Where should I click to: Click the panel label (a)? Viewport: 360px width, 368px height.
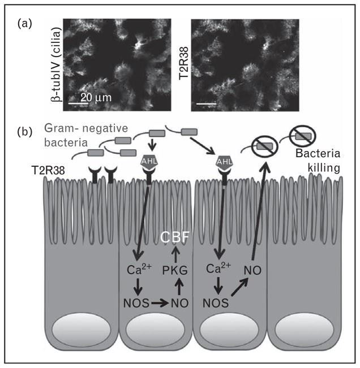pyautogui.click(x=24, y=24)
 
